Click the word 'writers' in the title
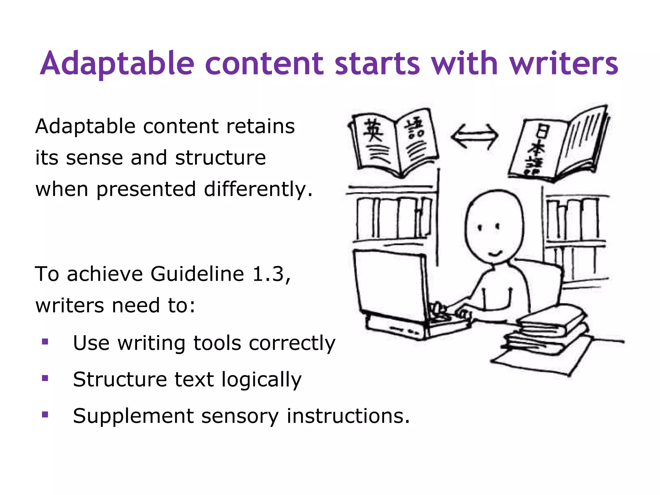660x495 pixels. pos(564,63)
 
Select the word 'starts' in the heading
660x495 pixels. pos(377,63)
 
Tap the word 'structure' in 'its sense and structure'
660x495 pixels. pos(220,158)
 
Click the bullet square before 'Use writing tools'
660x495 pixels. pos(45,342)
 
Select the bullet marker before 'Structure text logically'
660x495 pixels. pos(45,378)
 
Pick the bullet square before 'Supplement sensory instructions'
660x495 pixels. pos(45,414)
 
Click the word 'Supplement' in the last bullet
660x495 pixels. pos(133,416)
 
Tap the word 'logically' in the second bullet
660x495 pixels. pos(261,380)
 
